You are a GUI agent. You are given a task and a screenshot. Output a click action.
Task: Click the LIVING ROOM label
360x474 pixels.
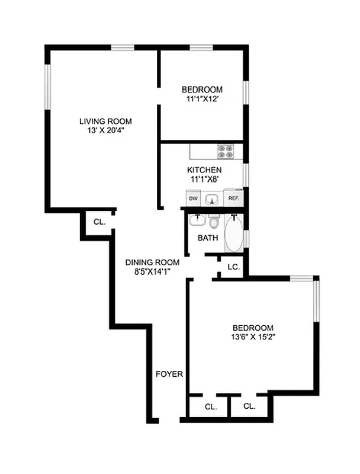tap(105, 121)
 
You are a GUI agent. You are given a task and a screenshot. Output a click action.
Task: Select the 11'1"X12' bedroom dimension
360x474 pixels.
tap(202, 100)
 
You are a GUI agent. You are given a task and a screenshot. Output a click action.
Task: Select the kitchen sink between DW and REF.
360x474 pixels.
tap(213, 199)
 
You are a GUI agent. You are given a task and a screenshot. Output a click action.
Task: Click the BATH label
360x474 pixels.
tap(208, 238)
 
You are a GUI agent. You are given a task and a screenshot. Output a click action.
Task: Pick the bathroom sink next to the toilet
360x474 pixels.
tap(197, 221)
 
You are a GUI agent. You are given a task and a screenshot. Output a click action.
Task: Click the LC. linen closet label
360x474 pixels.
tap(233, 267)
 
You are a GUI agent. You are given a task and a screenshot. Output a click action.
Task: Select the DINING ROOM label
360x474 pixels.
tap(147, 262)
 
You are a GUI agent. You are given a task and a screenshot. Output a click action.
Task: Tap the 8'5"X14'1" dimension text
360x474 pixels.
tap(147, 272)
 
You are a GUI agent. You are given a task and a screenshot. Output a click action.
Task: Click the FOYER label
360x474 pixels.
tap(169, 374)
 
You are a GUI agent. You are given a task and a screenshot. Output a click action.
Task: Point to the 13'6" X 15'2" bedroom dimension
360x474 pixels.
tap(253, 337)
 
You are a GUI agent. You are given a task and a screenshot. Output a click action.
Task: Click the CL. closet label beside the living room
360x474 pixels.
tap(99, 222)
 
